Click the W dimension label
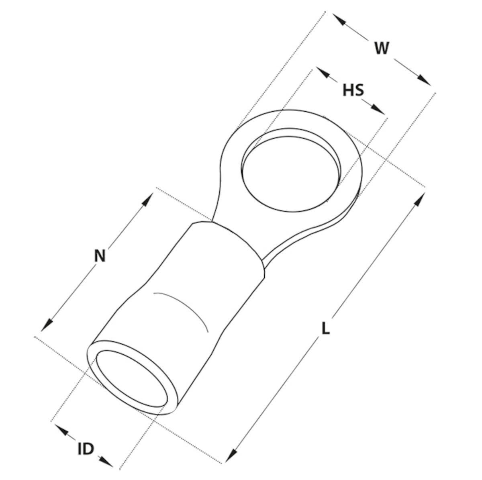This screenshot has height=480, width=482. (x=382, y=48)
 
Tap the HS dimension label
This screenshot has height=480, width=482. (x=353, y=90)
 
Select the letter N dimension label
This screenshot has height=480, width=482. (x=100, y=255)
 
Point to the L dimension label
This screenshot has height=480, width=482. (x=325, y=328)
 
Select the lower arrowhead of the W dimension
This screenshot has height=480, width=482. (x=424, y=80)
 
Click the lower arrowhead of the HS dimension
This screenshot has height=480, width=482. (x=378, y=109)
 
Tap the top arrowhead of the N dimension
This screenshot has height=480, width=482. (x=147, y=199)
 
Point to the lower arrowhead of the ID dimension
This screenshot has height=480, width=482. (x=106, y=454)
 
